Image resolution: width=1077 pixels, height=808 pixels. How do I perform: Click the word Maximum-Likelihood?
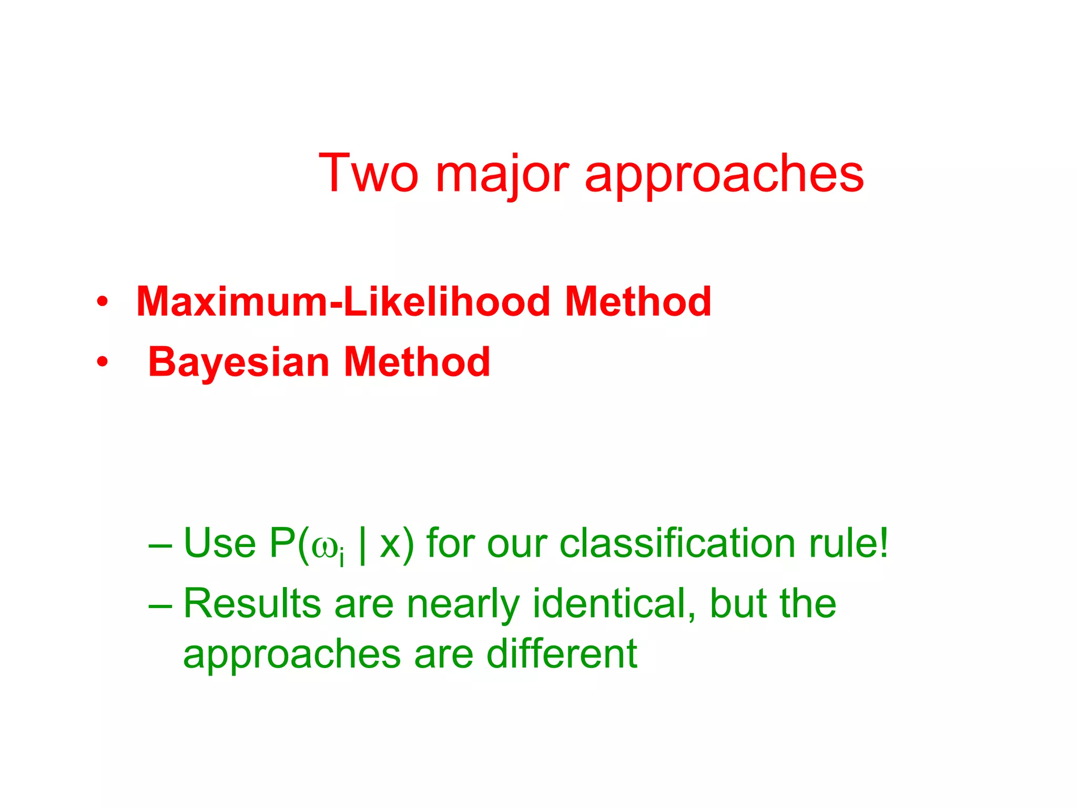343,301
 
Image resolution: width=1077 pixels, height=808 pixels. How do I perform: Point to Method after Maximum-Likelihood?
638,301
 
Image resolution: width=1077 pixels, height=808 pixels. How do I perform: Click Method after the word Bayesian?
417,362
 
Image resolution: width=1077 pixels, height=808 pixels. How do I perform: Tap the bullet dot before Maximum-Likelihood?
102,302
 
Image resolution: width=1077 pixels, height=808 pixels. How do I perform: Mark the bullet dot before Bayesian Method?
102,362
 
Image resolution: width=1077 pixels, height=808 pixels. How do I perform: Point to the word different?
562,653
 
